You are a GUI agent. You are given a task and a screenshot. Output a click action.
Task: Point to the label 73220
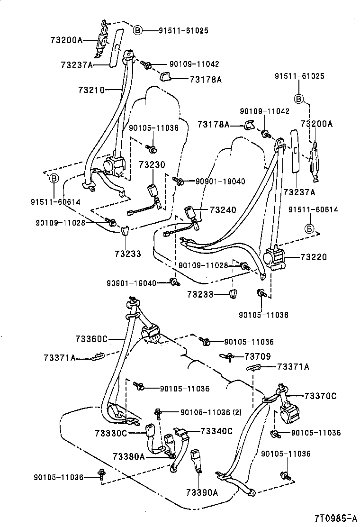[313, 257]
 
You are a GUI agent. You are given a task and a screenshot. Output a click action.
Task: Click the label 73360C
[91, 339]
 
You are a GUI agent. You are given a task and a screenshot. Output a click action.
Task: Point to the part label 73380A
[128, 456]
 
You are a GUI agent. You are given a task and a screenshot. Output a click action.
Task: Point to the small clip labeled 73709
[227, 356]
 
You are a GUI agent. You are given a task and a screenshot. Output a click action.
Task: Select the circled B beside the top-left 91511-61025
[137, 31]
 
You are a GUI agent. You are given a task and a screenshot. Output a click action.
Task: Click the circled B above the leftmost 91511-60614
[54, 178]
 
